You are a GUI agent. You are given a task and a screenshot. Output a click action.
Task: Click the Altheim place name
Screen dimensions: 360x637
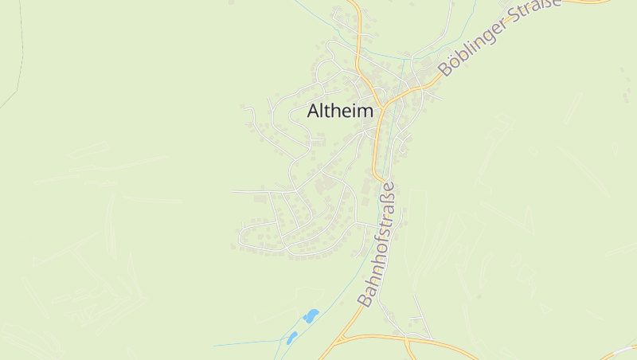pyautogui.click(x=340, y=112)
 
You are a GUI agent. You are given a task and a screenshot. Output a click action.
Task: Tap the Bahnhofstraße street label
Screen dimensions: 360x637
pyautogui.click(x=377, y=245)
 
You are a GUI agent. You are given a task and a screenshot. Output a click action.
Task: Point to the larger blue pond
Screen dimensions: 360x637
pyautogui.click(x=311, y=316)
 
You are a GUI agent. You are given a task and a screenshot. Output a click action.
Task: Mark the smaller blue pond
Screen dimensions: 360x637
pyautogui.click(x=291, y=338)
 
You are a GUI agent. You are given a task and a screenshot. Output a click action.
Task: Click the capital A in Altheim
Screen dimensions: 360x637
pyautogui.click(x=313, y=112)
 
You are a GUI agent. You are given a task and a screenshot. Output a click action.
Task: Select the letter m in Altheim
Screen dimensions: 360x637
pyautogui.click(x=365, y=112)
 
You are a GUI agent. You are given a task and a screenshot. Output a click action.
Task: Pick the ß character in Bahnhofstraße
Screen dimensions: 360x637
pyautogui.click(x=388, y=202)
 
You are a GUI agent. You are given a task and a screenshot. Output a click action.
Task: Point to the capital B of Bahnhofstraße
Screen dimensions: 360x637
pyautogui.click(x=365, y=300)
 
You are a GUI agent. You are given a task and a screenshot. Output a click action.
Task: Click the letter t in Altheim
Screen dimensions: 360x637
pyautogui.click(x=326, y=112)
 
